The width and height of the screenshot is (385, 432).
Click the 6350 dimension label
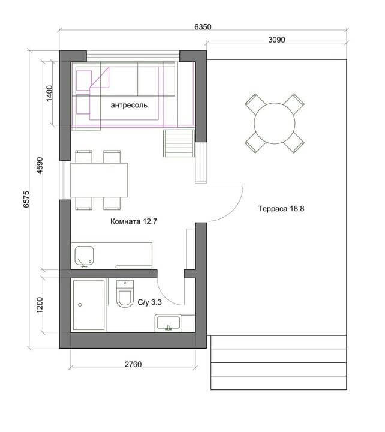pos(203,27)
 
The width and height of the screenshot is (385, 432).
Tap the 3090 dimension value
pos(276,40)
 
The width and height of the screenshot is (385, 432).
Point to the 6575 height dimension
pos(26,199)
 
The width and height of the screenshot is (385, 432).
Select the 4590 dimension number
pos(40,166)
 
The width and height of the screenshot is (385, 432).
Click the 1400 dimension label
pos(49,94)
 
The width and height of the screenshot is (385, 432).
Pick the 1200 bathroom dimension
pos(40,305)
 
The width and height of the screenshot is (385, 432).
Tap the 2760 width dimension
pos(133,364)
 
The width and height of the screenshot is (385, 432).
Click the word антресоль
pos(129,105)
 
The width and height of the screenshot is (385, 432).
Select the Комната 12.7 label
pos(134,221)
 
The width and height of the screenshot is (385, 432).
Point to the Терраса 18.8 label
pos(281,209)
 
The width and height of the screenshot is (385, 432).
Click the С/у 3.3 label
pos(149,302)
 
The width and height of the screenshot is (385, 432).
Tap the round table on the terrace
pos(275,123)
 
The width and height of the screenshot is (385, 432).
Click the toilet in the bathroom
pos(125,293)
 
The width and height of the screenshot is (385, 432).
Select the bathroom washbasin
pos(169,323)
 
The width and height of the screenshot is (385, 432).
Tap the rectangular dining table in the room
pos(99,180)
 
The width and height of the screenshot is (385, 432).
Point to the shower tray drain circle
pos(80,305)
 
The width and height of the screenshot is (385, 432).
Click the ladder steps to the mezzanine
pos(179,143)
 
